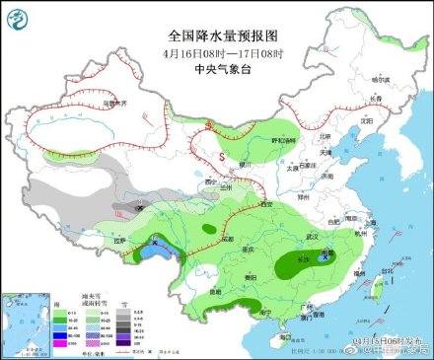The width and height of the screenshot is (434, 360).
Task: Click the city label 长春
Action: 374,100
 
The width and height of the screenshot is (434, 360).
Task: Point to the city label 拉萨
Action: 120,240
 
